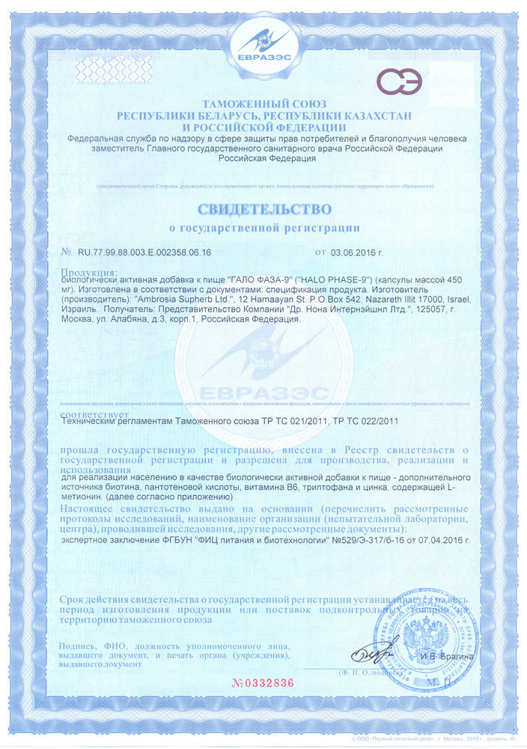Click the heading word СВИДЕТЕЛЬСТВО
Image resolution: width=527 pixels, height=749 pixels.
coord(263,205)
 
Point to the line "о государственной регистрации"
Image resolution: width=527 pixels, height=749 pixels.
coord(263,226)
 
